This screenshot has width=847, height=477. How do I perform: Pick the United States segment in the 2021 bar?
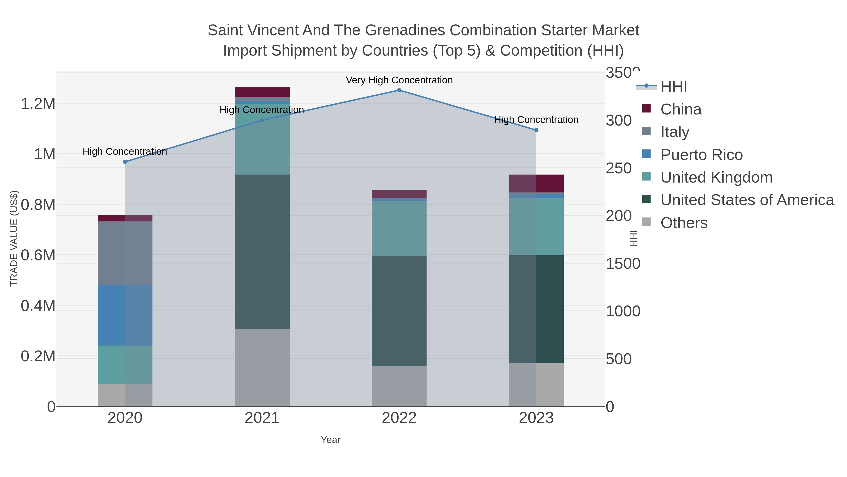[262, 252]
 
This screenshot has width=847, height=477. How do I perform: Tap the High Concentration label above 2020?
[125, 151]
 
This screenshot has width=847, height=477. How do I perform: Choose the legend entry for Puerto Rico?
[701, 155]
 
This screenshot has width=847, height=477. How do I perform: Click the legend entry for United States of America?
[747, 200]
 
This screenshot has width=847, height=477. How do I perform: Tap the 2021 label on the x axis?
[262, 418]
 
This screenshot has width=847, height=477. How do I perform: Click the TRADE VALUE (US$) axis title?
[14, 238]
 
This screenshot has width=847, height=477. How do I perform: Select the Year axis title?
[331, 440]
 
